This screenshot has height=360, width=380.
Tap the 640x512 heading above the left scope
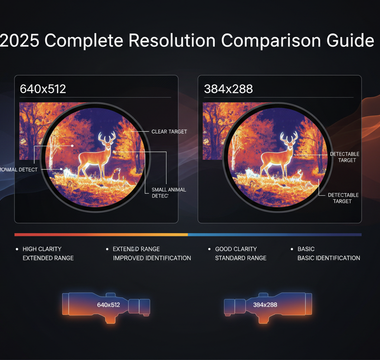coord(42,88)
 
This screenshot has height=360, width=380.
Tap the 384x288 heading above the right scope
coord(227,88)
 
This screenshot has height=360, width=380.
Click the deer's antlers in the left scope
coord(95,136)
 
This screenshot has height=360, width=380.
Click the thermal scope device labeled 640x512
coord(107,304)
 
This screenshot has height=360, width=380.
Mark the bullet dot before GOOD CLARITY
coord(210,247)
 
